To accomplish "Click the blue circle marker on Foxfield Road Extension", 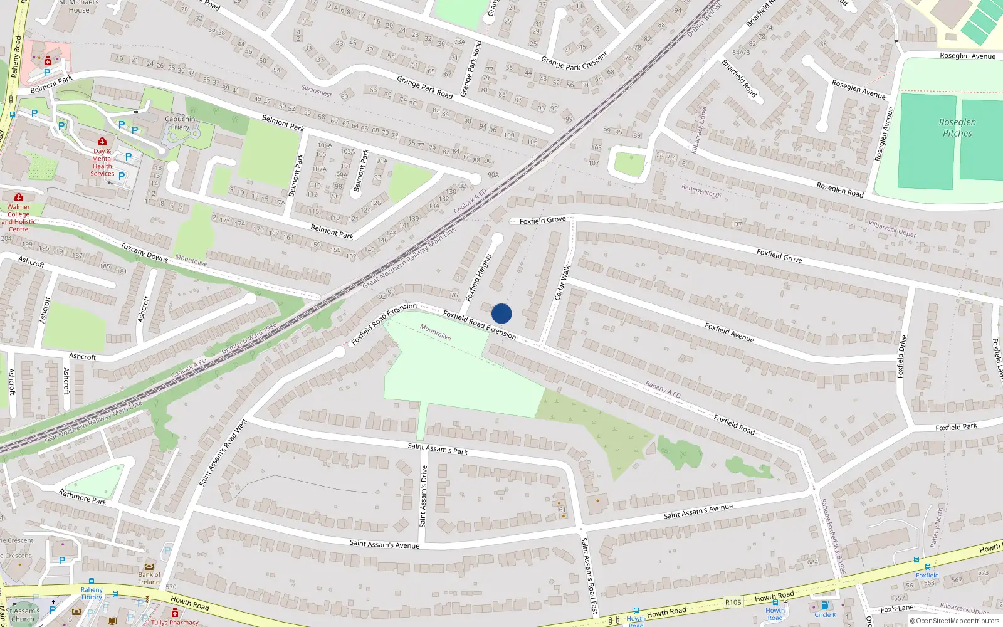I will coord(501,313).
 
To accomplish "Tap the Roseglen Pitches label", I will coord(957,127).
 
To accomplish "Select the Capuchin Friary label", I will coord(180,123).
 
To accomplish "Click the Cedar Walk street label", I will coord(562,283).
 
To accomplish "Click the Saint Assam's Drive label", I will coord(424,496).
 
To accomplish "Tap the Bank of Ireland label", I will coord(149,578).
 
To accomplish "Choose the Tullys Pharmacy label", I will coord(174,623).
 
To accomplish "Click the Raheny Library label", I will coord(92,593).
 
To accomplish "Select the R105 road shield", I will coord(733,603).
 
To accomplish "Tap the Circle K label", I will coord(825,614).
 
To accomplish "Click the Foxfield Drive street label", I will coord(901,357).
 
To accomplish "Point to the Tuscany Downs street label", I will coord(144,252).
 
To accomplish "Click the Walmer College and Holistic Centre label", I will coord(18,218).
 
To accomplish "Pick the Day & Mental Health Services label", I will coord(102,162).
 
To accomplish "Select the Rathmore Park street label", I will coord(83,497).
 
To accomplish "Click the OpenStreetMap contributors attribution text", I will coord(954,621).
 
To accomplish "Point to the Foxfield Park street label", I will coord(956,428).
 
